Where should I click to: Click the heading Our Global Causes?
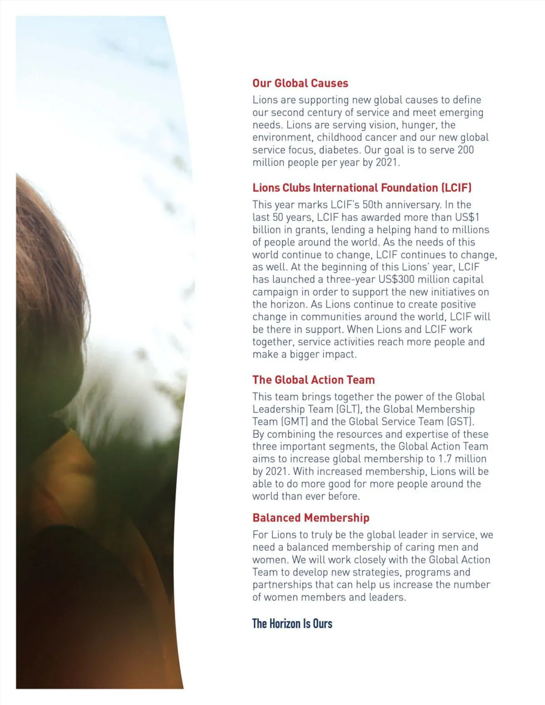[x=300, y=83]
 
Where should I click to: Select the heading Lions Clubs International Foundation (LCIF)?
[x=362, y=188]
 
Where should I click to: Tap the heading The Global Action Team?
[x=313, y=380]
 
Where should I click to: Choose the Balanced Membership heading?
[x=311, y=518]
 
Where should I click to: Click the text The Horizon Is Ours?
[x=292, y=624]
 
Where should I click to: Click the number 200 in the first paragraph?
[x=465, y=150]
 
